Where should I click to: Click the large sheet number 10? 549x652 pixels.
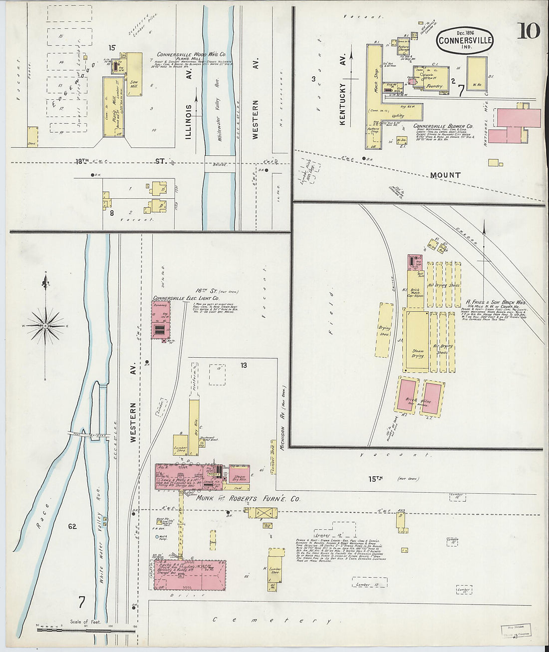528,31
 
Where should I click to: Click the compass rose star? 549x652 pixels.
45,326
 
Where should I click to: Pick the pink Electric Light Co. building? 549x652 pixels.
161,320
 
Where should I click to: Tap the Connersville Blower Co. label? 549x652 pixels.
443,127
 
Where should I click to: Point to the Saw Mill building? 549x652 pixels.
134,75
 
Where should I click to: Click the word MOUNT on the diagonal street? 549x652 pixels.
445,175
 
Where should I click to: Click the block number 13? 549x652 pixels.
244,365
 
